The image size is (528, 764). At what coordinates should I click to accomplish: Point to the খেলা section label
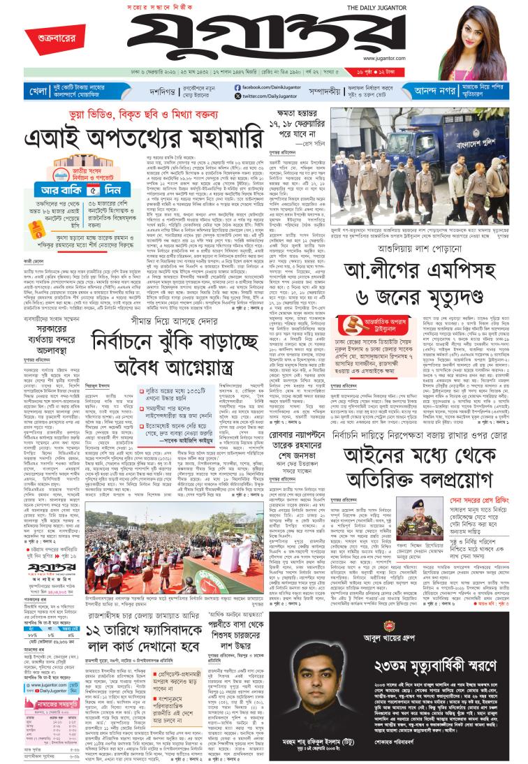tap(38, 91)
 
